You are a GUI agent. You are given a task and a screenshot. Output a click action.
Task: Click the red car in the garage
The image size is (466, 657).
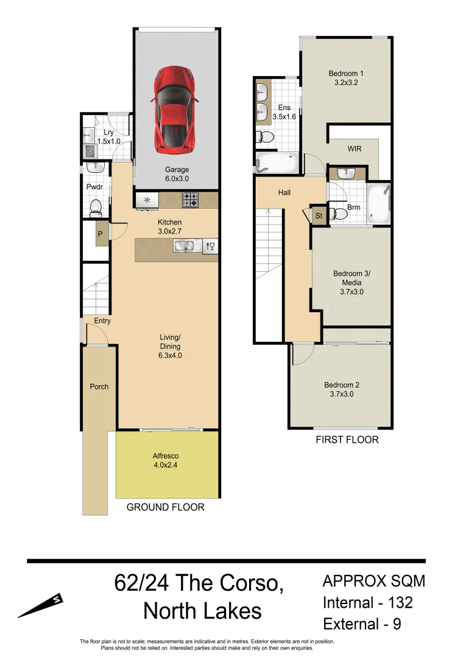[175, 109]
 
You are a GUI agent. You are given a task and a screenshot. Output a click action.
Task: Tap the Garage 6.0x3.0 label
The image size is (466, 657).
[177, 175]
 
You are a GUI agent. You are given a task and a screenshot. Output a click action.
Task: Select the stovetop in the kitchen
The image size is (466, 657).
[190, 198]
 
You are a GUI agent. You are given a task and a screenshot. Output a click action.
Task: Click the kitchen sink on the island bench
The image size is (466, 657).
[183, 246]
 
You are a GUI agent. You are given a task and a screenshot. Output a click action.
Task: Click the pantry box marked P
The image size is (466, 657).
[100, 234]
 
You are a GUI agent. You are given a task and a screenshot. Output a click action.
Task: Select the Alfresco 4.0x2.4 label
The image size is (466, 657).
[166, 461]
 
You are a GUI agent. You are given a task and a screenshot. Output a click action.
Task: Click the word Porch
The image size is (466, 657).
[99, 386]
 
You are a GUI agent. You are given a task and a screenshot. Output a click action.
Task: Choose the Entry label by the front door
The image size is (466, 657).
[102, 321]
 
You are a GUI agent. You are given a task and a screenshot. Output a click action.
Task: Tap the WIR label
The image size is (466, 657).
[355, 148]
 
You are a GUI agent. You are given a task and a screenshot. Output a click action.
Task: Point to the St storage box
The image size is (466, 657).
[319, 215]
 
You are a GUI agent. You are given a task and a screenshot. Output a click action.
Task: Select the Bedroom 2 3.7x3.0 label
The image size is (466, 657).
[341, 389]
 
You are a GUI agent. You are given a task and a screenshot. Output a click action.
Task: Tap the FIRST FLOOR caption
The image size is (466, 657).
[346, 439]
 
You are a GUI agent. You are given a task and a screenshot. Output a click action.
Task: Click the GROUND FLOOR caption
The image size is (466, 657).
[165, 507]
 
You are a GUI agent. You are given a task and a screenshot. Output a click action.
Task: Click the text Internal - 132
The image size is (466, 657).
[368, 602]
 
